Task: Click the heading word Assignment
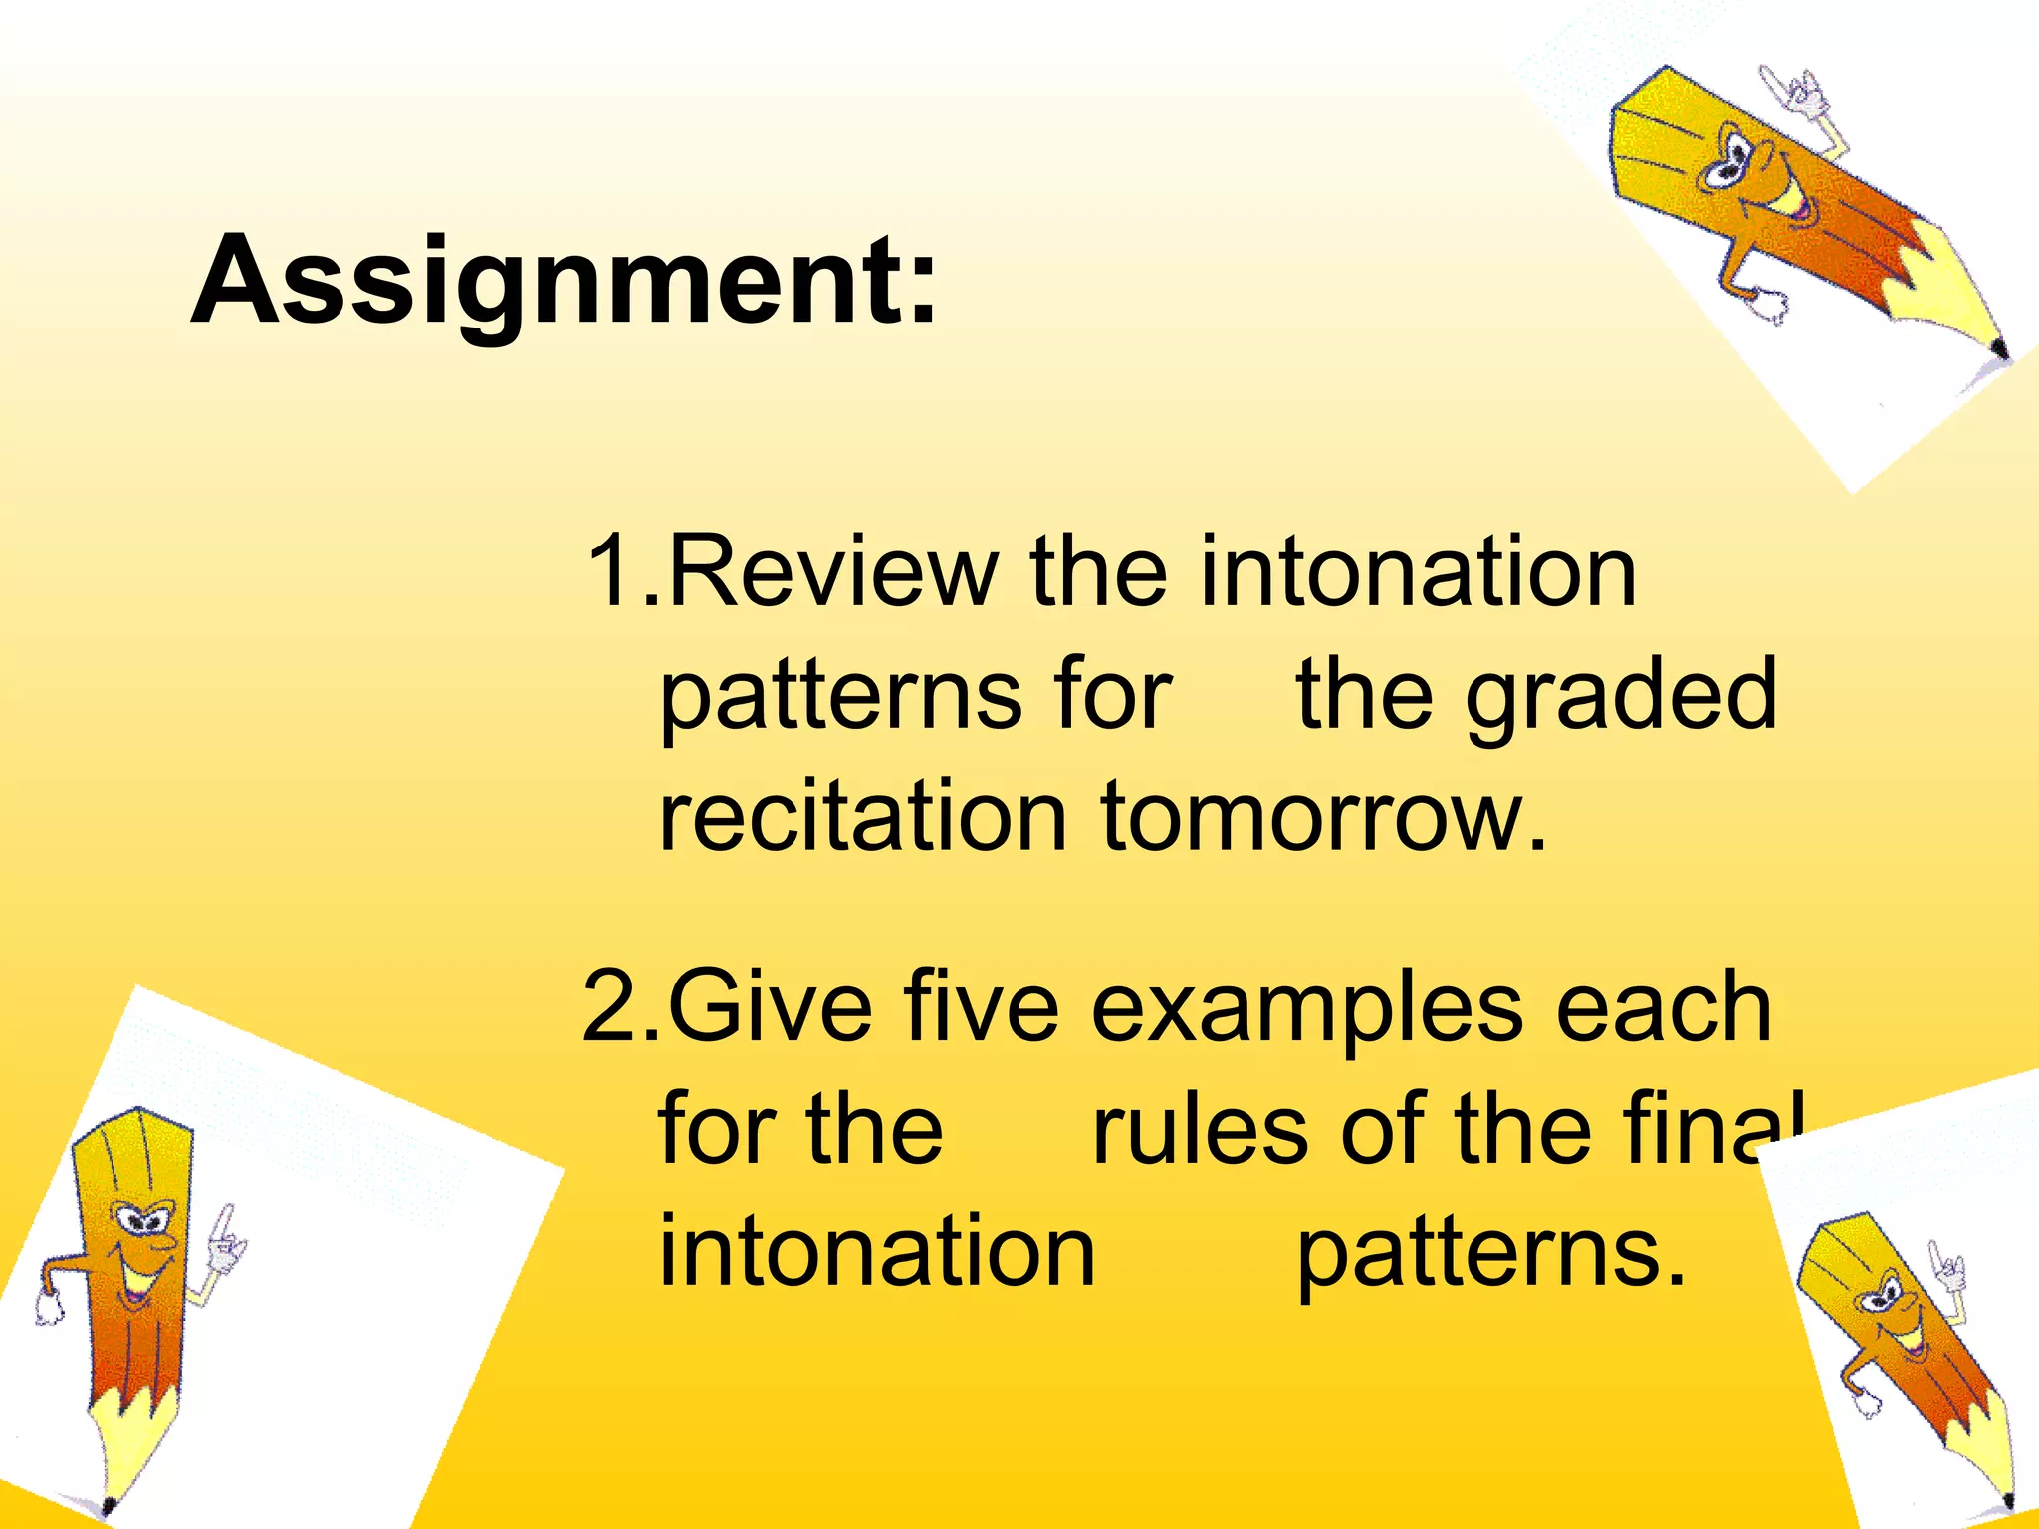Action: pos(564,281)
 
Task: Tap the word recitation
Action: pos(862,818)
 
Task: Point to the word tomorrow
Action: pos(1324,818)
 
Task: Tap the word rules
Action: pos(1199,1131)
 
